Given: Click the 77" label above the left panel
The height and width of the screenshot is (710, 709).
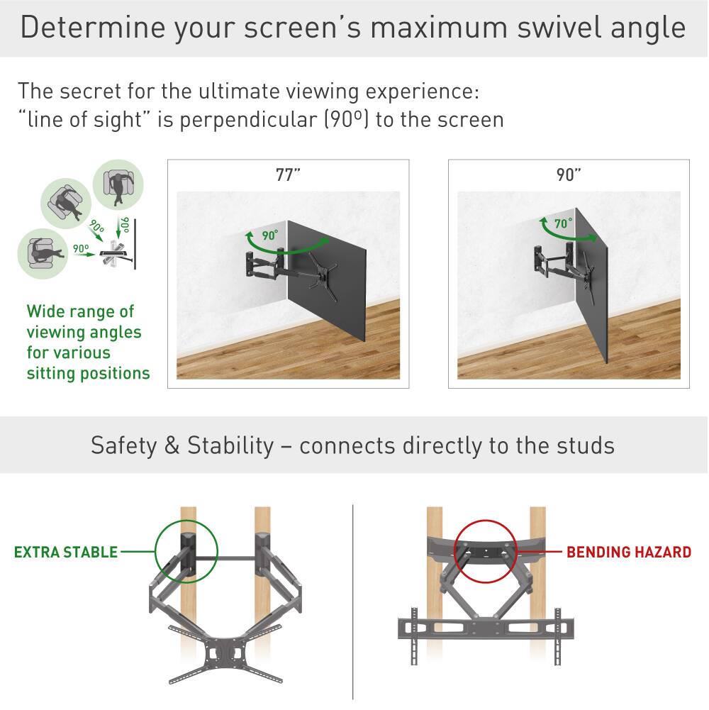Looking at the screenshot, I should click(x=288, y=175).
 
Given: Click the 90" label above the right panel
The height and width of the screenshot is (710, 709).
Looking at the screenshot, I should click(x=569, y=175).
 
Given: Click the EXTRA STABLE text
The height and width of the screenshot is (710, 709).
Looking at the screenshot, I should click(x=66, y=552).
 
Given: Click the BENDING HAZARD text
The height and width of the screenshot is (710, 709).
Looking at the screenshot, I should click(x=628, y=552).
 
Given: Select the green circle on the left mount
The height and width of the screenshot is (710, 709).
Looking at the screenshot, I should click(x=186, y=551).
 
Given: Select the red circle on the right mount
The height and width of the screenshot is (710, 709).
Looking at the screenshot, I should click(x=486, y=551).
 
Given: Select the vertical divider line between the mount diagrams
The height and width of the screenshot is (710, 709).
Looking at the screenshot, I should click(x=352, y=603).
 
